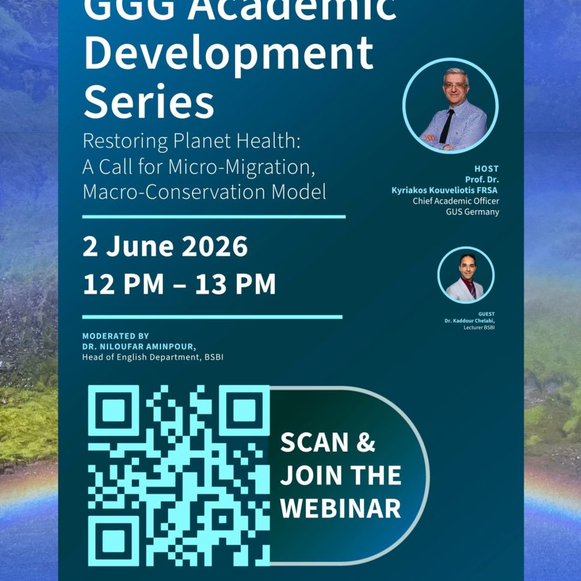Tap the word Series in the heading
pyautogui.click(x=149, y=102)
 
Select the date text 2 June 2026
pyautogui.click(x=165, y=246)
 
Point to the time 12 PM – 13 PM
pyautogui.click(x=179, y=284)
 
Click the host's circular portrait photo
pyautogui.click(x=450, y=105)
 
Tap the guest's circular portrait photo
pyautogui.click(x=466, y=275)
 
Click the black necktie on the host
pyautogui.click(x=446, y=126)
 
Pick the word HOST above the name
pyautogui.click(x=486, y=169)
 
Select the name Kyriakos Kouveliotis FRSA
pyautogui.click(x=445, y=191)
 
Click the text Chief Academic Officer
pyautogui.click(x=456, y=201)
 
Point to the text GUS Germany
pyautogui.click(x=472, y=212)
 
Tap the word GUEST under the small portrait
pyautogui.click(x=486, y=314)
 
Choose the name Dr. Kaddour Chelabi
pyautogui.click(x=469, y=321)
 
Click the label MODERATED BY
pyautogui.click(x=116, y=336)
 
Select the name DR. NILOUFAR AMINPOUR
pyautogui.click(x=139, y=347)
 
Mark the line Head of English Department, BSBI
pyautogui.click(x=153, y=357)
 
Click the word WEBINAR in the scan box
pyautogui.click(x=340, y=508)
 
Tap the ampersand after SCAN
pyautogui.click(x=366, y=443)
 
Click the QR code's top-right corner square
pyautogui.click(x=244, y=410)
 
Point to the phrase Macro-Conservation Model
pyautogui.click(x=205, y=192)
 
